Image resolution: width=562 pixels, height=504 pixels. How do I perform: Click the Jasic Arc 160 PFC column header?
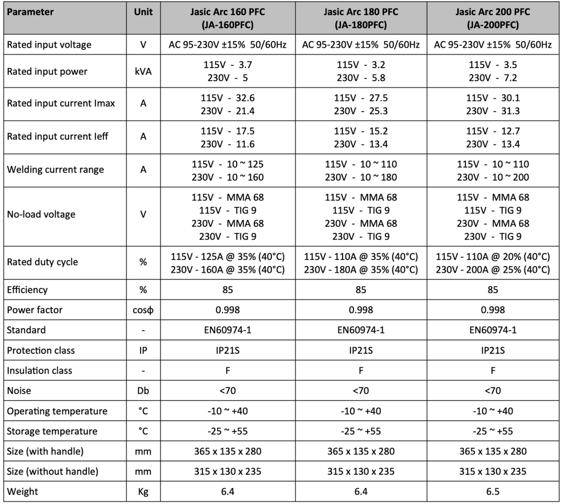228,18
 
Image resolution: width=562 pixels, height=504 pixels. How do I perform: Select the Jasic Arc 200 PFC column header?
492,18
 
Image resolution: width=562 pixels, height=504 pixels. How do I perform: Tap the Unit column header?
143,12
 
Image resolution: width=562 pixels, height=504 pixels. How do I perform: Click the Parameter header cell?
30,12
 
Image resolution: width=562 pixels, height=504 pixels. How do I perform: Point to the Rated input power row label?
47,71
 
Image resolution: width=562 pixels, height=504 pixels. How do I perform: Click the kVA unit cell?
143,71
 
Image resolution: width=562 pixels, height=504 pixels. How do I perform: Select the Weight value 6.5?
492,491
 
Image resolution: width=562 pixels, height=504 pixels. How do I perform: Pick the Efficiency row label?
27,290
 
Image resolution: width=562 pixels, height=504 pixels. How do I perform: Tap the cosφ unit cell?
143,310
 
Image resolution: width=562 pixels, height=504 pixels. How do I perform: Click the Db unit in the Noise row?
143,391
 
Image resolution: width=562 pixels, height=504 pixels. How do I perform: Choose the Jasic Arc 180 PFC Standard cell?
361,330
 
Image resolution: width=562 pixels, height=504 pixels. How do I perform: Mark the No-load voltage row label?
41,214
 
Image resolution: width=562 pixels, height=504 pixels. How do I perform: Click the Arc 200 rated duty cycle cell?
492,263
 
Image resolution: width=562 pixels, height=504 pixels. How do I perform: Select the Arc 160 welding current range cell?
228,171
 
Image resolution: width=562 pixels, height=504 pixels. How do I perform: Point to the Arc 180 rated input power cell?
361,71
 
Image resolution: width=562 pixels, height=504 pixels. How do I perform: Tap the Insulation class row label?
39,370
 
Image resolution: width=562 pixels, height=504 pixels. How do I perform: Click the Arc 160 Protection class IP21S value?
228,350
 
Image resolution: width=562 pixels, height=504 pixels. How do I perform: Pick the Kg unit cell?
143,491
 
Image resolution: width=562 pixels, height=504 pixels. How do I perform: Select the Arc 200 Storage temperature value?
492,431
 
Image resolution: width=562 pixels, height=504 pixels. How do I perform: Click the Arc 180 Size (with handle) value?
361,451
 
